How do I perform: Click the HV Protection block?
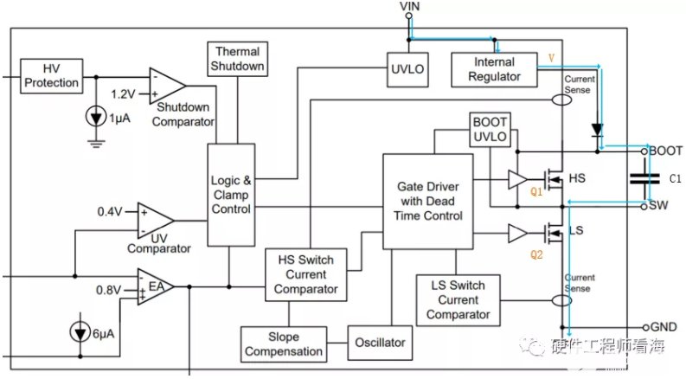click(x=52, y=76)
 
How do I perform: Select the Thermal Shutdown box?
click(x=237, y=59)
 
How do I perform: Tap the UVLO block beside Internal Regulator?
click(x=407, y=69)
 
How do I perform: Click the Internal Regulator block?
click(x=494, y=69)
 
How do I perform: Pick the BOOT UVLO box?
click(x=490, y=130)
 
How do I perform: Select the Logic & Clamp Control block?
click(x=231, y=195)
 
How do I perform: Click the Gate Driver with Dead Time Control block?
click(x=428, y=202)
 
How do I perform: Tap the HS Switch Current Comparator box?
click(x=306, y=275)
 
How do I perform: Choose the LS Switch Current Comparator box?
click(x=458, y=300)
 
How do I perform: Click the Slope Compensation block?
click(x=284, y=344)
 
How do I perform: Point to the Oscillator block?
click(x=380, y=343)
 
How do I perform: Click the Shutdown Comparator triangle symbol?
click(x=167, y=86)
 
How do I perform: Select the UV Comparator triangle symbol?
click(x=156, y=220)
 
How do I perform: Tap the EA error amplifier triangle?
click(x=156, y=286)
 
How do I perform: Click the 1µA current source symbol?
click(x=96, y=117)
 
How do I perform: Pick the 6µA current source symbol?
click(x=80, y=333)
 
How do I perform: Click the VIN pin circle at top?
click(x=408, y=16)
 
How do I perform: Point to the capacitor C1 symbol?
click(x=644, y=178)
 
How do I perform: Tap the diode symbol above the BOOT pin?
click(x=597, y=131)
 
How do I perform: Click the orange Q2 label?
click(x=536, y=254)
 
